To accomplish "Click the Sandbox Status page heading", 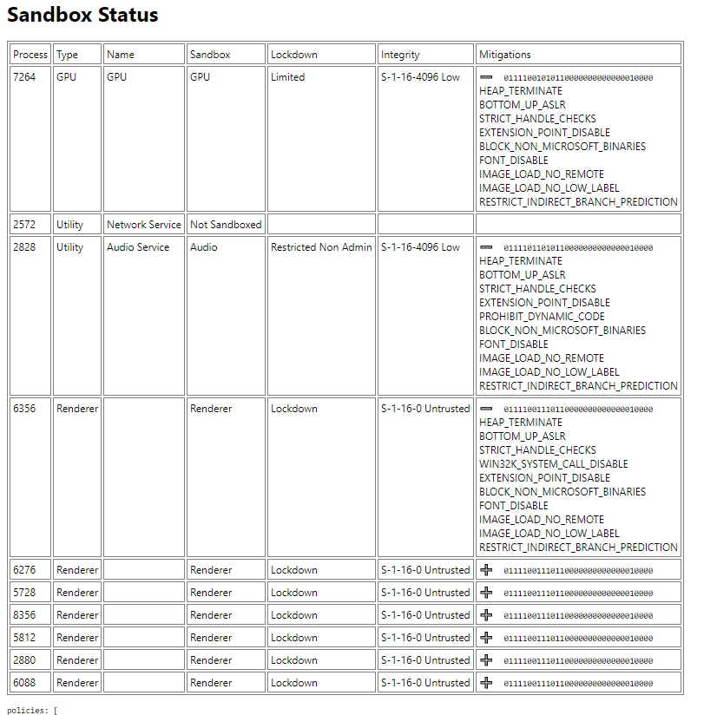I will tap(82, 16).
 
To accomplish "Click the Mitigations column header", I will tap(505, 55).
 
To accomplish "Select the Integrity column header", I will tap(400, 55).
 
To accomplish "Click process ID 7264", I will tap(26, 77).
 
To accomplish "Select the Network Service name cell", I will tap(144, 225).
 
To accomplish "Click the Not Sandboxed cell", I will tap(226, 225).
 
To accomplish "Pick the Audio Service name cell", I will tap(139, 247).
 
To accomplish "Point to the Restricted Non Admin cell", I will tap(321, 247).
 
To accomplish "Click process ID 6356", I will tap(26, 409).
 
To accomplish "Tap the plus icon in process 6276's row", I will tap(486, 570).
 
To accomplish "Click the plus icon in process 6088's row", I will tap(486, 683).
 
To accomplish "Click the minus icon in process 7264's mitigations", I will tap(486, 77).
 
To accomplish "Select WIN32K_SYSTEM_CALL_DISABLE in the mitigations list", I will tap(554, 464).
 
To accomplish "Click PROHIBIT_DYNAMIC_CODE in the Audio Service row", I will tap(543, 317).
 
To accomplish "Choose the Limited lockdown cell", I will tap(288, 77).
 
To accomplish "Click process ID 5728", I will tap(26, 593).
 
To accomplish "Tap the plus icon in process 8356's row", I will tap(486, 615).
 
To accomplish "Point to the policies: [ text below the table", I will tap(32, 710).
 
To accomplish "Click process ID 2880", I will tap(26, 660).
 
